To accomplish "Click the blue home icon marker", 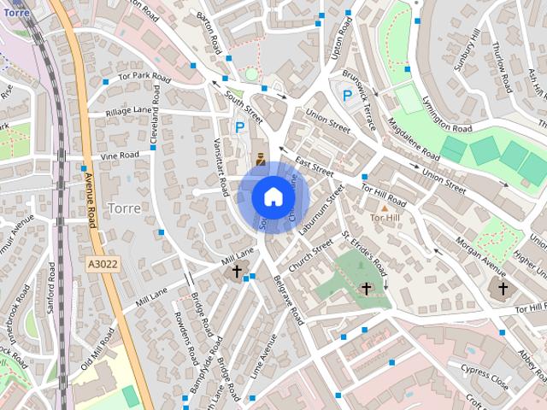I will (x=273, y=196).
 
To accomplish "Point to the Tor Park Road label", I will (x=145, y=78).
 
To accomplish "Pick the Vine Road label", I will (x=119, y=155).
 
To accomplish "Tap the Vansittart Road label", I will (x=221, y=163).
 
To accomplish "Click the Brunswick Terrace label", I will (x=361, y=108).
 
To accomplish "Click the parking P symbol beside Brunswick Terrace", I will (x=347, y=96).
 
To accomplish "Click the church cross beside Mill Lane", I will (x=237, y=272).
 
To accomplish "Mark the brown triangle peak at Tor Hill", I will (x=384, y=208).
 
